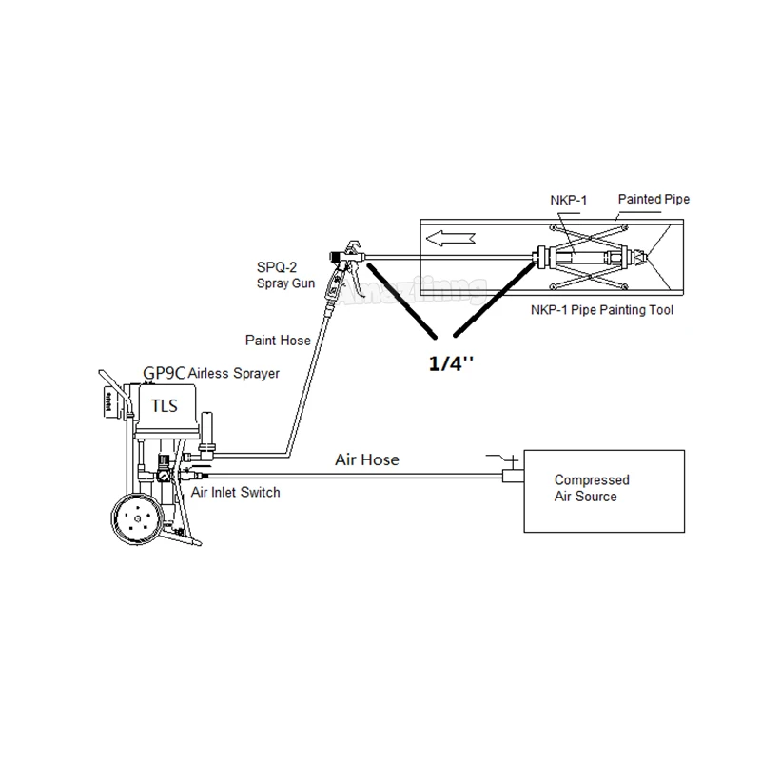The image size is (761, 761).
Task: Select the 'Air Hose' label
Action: [367, 460]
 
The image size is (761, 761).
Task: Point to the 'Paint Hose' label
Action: [278, 340]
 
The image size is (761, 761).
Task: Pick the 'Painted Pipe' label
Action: [654, 200]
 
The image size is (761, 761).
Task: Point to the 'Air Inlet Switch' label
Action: [236, 492]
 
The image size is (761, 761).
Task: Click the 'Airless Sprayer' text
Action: [235, 374]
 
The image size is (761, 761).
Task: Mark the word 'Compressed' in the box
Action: [592, 480]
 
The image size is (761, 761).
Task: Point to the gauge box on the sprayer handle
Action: [111, 400]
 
